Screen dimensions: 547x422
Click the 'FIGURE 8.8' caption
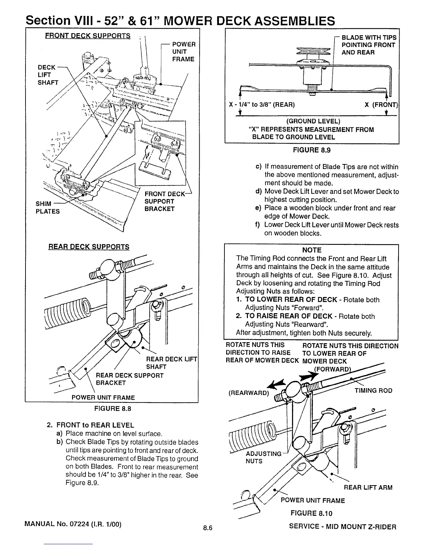point(113,409)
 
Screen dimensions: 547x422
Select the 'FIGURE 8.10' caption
point(312,513)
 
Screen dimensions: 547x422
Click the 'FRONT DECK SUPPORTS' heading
point(88,36)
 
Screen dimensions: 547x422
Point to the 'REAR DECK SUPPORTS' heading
point(89,247)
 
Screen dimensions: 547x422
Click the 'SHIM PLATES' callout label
point(48,208)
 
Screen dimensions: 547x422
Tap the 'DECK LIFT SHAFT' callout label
point(48,75)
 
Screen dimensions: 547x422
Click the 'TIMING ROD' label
point(373,391)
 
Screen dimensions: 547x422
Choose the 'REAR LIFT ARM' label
point(368,488)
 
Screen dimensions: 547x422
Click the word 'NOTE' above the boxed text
point(312,250)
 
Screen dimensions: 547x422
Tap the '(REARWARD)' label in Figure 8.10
point(249,393)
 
